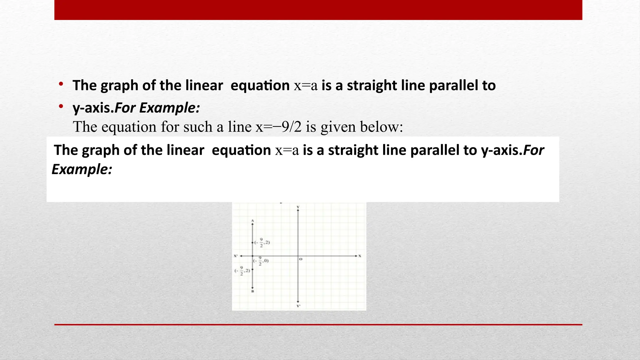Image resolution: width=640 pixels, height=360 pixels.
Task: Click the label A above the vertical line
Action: [252, 221]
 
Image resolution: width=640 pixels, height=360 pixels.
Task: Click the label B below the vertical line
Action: [252, 291]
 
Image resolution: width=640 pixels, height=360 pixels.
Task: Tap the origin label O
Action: [301, 259]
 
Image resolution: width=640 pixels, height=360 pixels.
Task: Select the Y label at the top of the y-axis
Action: [298, 207]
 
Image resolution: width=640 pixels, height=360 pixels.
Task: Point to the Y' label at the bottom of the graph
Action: [298, 306]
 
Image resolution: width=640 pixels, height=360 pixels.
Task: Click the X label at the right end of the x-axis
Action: [360, 256]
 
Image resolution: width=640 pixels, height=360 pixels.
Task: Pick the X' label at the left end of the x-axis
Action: [236, 256]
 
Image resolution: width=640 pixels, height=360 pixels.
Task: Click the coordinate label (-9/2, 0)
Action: [261, 261]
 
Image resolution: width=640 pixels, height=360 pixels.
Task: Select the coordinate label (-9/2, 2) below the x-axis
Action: [242, 271]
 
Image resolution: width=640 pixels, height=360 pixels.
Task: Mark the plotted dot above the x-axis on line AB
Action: [252, 242]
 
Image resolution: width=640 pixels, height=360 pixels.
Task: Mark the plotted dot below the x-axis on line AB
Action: [252, 269]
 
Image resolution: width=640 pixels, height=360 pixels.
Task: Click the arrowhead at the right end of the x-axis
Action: [356, 256]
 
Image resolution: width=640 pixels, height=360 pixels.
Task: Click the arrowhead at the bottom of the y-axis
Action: [298, 301]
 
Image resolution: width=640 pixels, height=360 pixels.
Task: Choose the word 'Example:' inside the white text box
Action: [82, 169]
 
